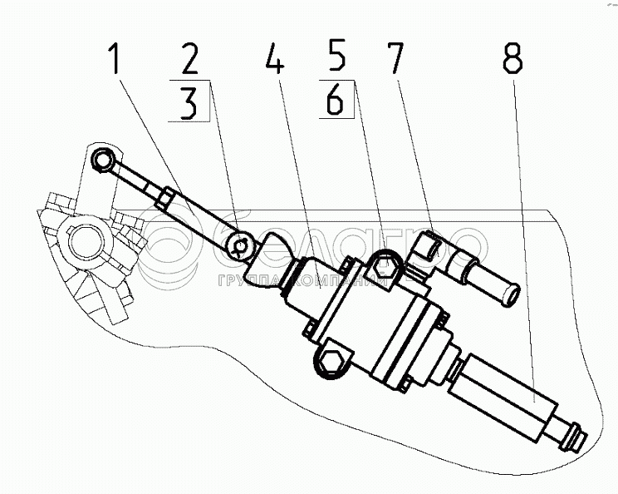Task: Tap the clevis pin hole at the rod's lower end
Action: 241,245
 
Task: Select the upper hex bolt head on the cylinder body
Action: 384,267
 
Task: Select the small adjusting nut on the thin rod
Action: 166,199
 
